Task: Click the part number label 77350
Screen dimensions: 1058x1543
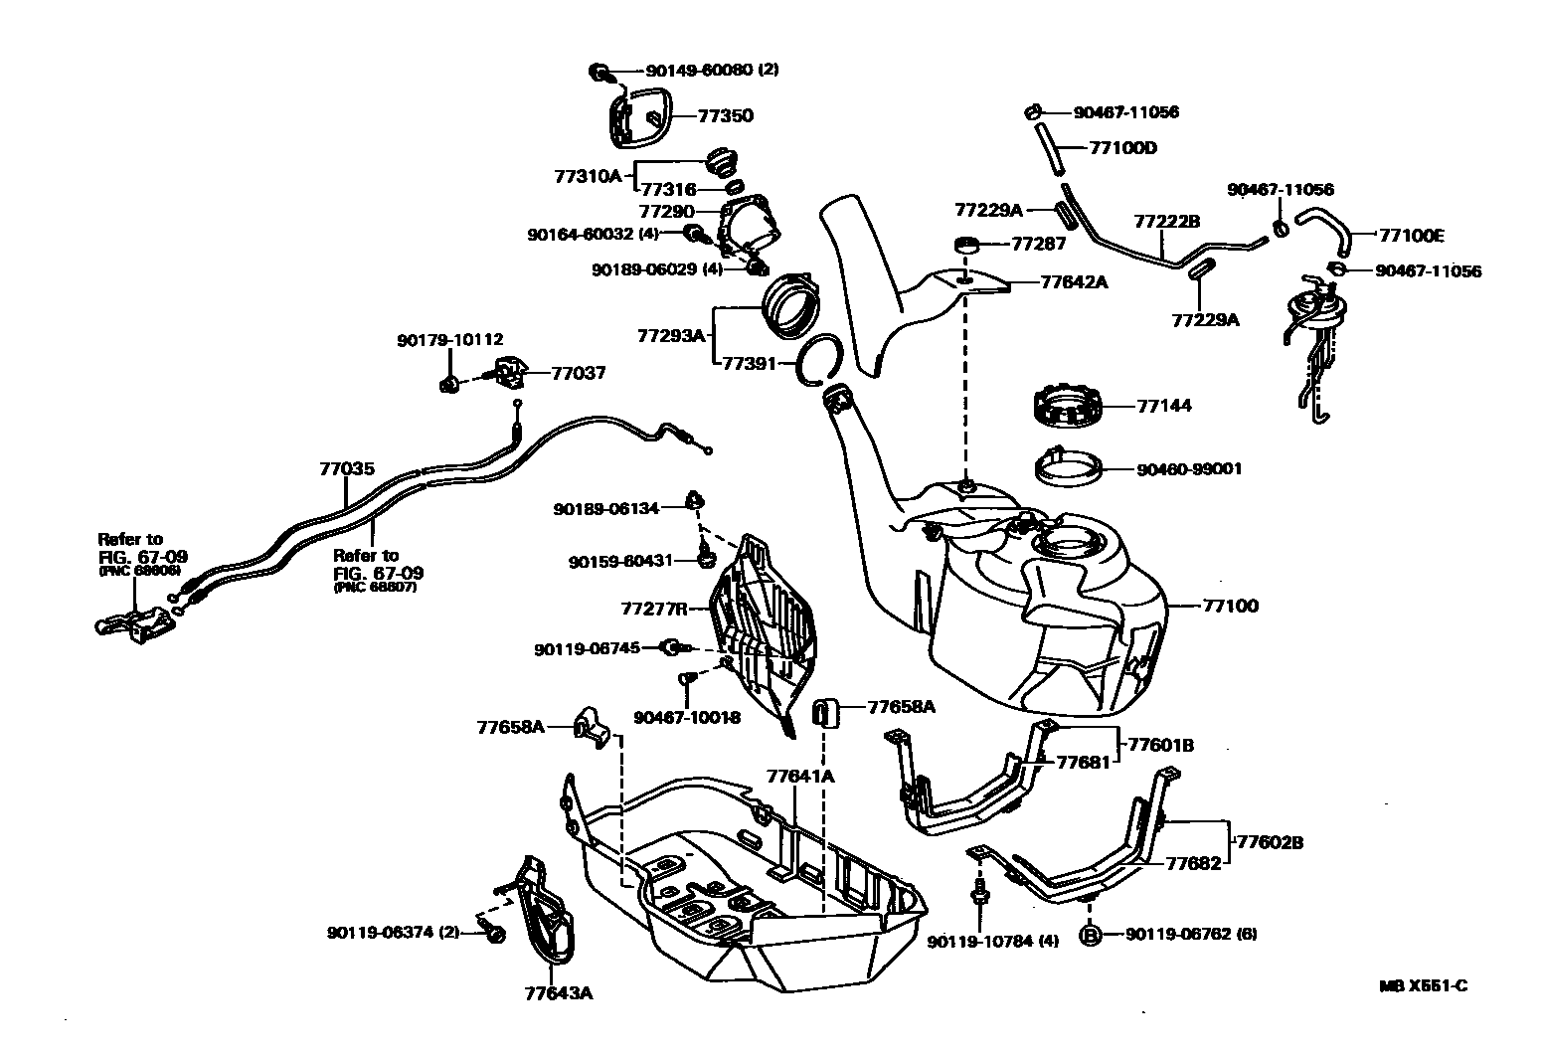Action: (x=725, y=115)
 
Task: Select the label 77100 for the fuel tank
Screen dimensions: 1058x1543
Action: (x=1230, y=606)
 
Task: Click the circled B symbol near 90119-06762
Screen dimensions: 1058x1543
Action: (x=1090, y=935)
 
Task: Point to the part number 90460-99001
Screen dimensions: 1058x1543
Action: (x=1189, y=468)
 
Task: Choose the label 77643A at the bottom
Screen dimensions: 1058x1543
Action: (x=558, y=991)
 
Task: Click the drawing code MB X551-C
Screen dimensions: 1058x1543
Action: (x=1423, y=986)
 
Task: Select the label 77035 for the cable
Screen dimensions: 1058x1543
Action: (x=347, y=468)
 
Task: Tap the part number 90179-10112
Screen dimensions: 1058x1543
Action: (x=449, y=339)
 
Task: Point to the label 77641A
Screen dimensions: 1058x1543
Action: (x=800, y=775)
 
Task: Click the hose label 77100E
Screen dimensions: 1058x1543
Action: (x=1412, y=236)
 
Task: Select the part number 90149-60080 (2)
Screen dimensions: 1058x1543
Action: (x=712, y=71)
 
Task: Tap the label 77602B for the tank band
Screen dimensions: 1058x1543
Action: (x=1269, y=842)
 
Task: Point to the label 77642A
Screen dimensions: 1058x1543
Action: (x=1074, y=282)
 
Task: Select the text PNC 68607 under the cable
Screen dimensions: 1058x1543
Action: (x=375, y=588)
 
